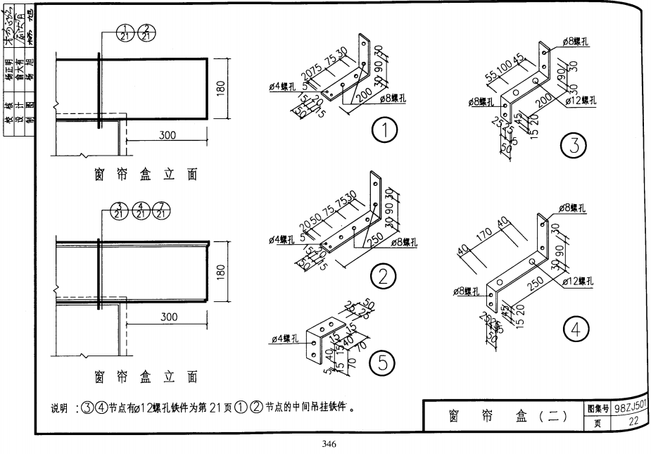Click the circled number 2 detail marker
[x=384, y=277]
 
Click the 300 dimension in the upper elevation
[x=167, y=135]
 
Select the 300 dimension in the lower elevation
[x=168, y=317]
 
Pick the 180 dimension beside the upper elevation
[x=221, y=90]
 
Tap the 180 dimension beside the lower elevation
[x=221, y=272]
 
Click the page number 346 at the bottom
[x=328, y=444]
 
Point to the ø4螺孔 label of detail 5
[x=285, y=341]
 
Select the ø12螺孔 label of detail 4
[x=579, y=282]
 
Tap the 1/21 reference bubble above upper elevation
[x=128, y=31]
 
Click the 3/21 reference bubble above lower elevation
[x=120, y=210]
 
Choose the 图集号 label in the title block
[x=598, y=408]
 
